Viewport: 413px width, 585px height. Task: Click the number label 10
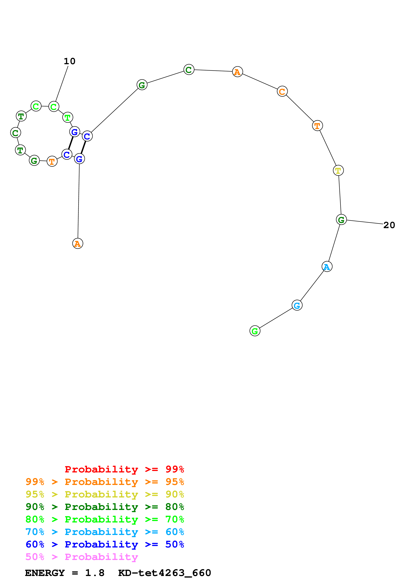69,61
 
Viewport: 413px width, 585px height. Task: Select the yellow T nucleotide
338,170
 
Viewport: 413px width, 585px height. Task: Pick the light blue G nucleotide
297,306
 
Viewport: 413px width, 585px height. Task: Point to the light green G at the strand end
255,331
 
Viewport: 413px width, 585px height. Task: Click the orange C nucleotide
282,92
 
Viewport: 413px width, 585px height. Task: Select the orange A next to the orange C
237,72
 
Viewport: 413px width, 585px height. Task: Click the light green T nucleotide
68,117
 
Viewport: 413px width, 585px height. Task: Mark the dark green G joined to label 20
341,220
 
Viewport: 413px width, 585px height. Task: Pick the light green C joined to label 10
54,107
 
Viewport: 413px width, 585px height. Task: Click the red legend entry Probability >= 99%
124,469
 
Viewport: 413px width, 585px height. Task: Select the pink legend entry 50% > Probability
82,557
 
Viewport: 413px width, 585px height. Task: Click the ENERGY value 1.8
95,573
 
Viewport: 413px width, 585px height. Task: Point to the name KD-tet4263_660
164,573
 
